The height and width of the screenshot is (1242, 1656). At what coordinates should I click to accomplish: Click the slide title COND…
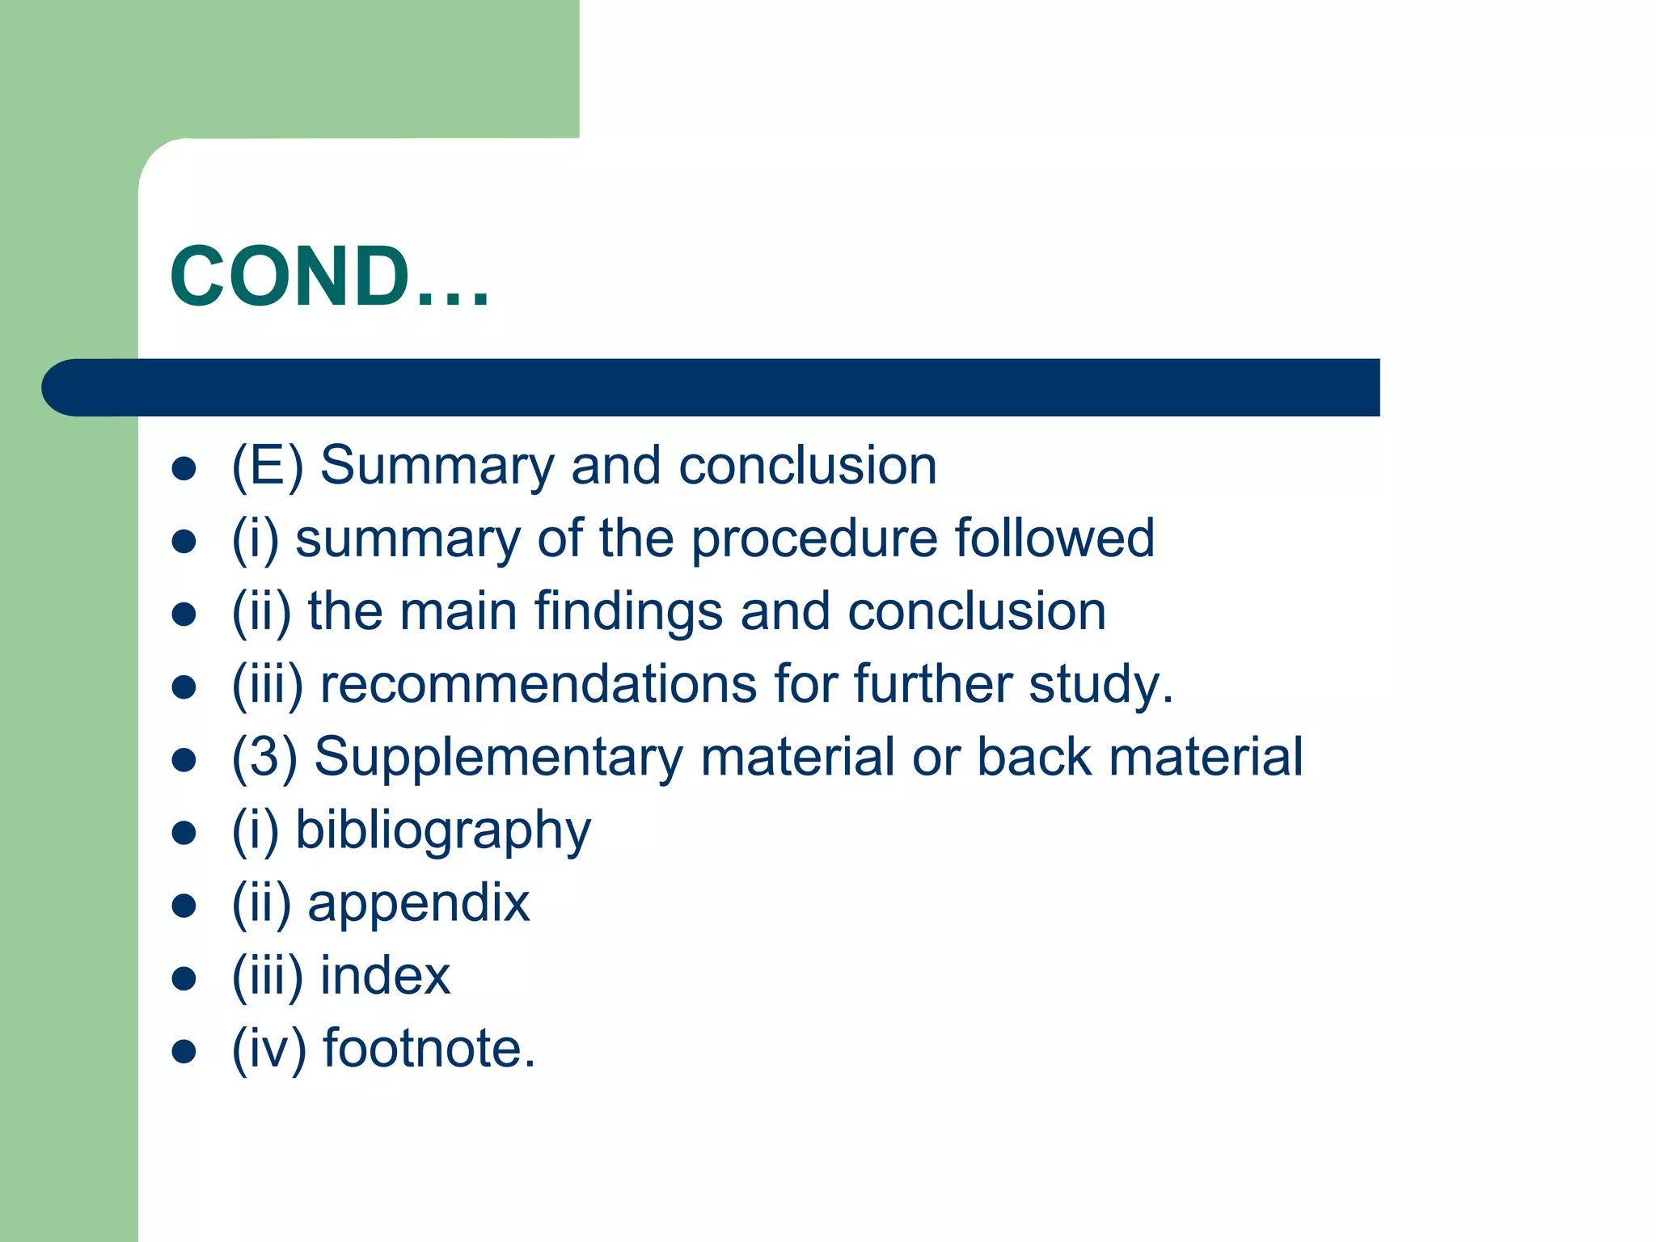click(329, 277)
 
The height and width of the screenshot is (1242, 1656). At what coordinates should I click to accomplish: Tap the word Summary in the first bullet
click(437, 467)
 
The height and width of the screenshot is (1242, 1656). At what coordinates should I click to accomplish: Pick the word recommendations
click(539, 684)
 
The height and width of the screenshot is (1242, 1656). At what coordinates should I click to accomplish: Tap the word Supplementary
click(499, 758)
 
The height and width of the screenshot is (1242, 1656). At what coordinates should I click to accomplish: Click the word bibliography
click(443, 831)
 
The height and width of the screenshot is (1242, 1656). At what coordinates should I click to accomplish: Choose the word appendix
click(419, 904)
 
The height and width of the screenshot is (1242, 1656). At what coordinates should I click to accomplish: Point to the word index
click(385, 975)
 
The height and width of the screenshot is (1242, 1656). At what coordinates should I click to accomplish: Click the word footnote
click(429, 1048)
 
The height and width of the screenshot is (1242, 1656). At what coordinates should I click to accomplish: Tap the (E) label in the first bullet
click(268, 467)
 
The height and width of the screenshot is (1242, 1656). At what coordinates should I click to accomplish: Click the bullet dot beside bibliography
click(184, 833)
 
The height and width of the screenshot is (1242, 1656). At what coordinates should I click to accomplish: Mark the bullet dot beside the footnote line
click(184, 1051)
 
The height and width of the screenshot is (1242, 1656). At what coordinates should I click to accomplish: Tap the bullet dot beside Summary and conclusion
click(184, 469)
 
